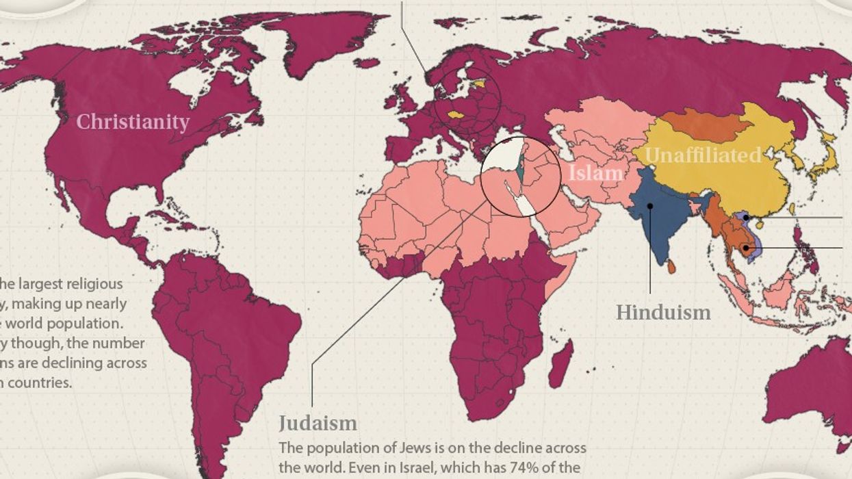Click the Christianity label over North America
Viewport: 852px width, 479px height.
132,122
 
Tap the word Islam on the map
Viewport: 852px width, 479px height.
595,172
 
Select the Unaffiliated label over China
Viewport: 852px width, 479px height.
703,155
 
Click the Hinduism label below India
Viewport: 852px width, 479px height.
662,313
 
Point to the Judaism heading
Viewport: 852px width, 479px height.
318,422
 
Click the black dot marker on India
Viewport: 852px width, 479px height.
650,205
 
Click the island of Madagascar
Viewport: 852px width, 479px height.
560,363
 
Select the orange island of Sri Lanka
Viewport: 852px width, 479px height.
671,267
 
